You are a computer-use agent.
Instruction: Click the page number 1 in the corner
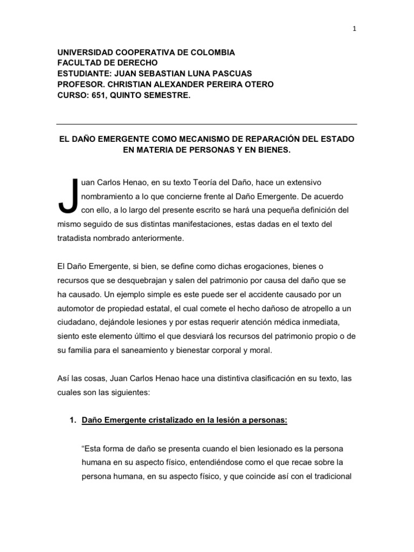pos(354,30)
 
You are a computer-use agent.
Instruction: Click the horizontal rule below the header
pos(206,124)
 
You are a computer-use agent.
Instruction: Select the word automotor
pos(77,308)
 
